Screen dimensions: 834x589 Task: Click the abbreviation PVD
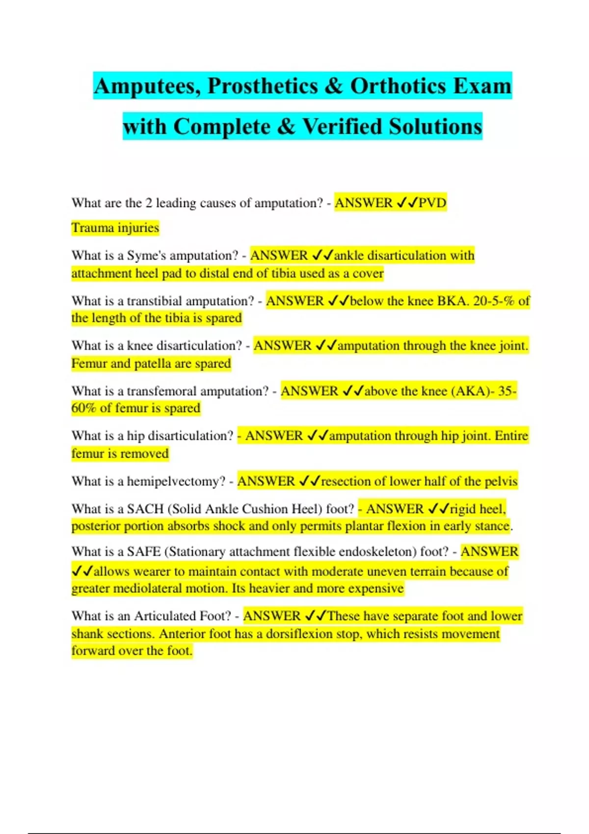click(432, 203)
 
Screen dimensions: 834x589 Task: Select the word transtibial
click(154, 301)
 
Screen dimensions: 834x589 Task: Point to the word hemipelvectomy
click(176, 481)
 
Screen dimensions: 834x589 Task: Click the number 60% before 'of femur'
click(83, 408)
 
